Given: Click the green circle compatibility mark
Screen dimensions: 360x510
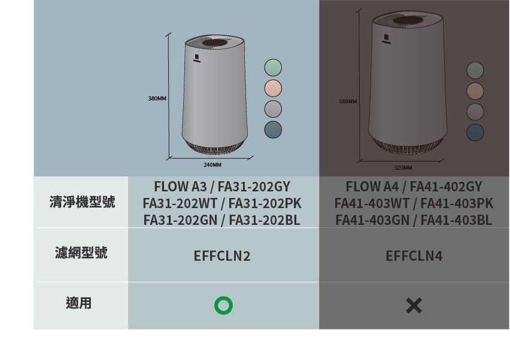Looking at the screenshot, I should click(x=223, y=306).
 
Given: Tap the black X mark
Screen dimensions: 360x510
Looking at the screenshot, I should click(x=414, y=306).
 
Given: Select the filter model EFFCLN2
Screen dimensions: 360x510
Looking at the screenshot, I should click(x=222, y=256).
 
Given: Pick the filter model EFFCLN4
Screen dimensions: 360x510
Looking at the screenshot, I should click(x=414, y=256).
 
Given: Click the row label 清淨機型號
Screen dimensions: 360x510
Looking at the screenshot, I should click(x=82, y=202).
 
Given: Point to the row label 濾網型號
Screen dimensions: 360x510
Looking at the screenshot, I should click(x=82, y=253).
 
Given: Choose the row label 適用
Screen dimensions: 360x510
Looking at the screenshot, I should click(x=78, y=303).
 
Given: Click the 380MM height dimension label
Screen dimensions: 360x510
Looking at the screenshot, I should click(x=157, y=97).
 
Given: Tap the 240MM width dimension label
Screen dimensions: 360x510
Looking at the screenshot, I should click(x=212, y=164).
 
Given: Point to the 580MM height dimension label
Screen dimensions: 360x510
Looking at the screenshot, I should click(x=348, y=102).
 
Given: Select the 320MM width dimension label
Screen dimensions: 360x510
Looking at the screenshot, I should click(x=403, y=168).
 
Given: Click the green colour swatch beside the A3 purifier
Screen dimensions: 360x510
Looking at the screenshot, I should click(x=273, y=67).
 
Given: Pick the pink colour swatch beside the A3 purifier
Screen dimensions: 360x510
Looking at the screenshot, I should click(x=273, y=88).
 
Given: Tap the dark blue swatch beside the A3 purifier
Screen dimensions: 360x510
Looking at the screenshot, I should click(x=273, y=129).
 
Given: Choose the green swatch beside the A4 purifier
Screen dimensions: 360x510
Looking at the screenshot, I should click(x=475, y=71).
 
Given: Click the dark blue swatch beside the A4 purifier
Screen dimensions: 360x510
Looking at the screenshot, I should click(x=475, y=132).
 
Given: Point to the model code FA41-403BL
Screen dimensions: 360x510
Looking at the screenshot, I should click(x=456, y=220).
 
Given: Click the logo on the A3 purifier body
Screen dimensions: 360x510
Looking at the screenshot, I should click(x=196, y=58).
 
